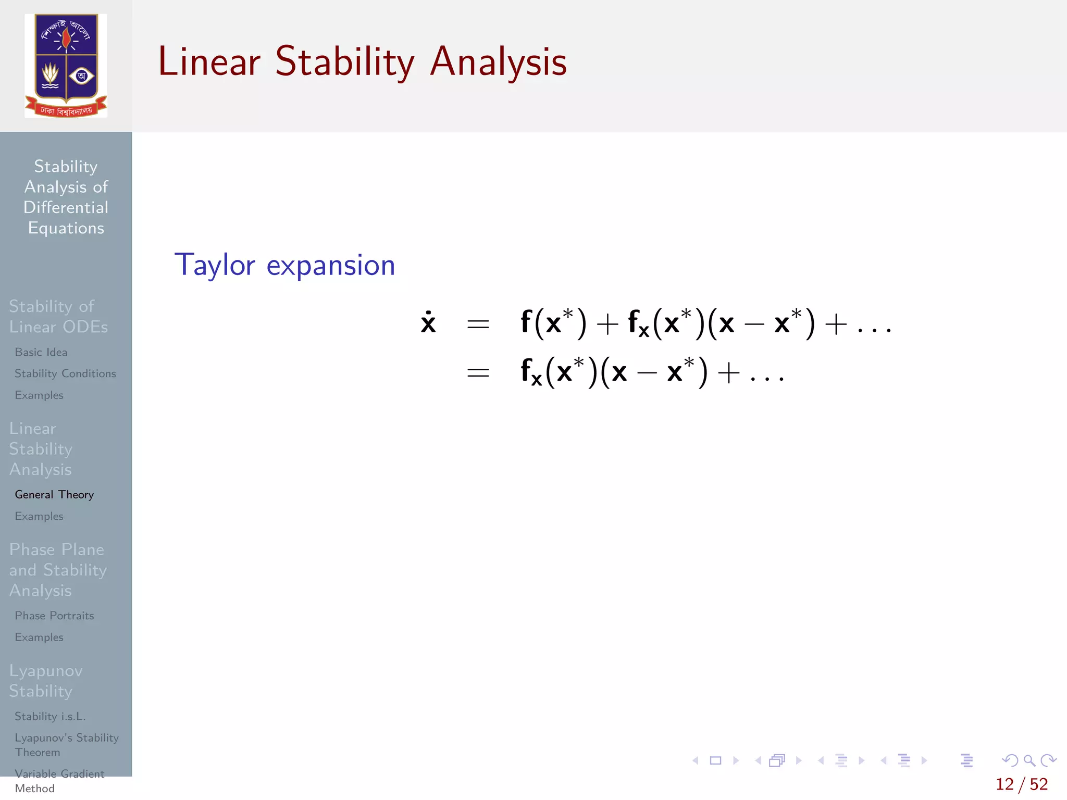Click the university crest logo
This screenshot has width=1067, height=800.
click(x=66, y=66)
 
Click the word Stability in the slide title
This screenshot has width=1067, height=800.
click(x=344, y=63)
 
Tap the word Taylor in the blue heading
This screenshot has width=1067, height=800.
click(x=215, y=265)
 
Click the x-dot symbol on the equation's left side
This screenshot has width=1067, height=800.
click(x=428, y=323)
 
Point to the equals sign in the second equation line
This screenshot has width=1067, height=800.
click(x=478, y=372)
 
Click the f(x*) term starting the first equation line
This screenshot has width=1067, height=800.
click(x=553, y=323)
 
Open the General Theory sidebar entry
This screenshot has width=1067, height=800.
click(x=54, y=494)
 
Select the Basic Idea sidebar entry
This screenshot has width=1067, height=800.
click(x=41, y=352)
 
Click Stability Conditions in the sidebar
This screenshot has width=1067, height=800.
click(x=65, y=373)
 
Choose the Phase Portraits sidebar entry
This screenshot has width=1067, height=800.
click(x=54, y=616)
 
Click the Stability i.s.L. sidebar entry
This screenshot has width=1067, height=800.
click(x=50, y=716)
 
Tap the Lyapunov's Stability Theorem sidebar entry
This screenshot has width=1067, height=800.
click(x=66, y=745)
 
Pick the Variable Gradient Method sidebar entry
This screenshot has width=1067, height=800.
click(x=59, y=781)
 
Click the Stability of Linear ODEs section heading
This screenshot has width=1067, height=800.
click(x=58, y=316)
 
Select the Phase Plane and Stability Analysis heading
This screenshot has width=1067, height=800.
click(x=57, y=570)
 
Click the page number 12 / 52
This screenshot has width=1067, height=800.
click(x=1021, y=784)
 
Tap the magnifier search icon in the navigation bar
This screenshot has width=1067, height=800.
click(x=1029, y=760)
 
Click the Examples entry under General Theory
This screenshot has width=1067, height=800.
click(x=39, y=516)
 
